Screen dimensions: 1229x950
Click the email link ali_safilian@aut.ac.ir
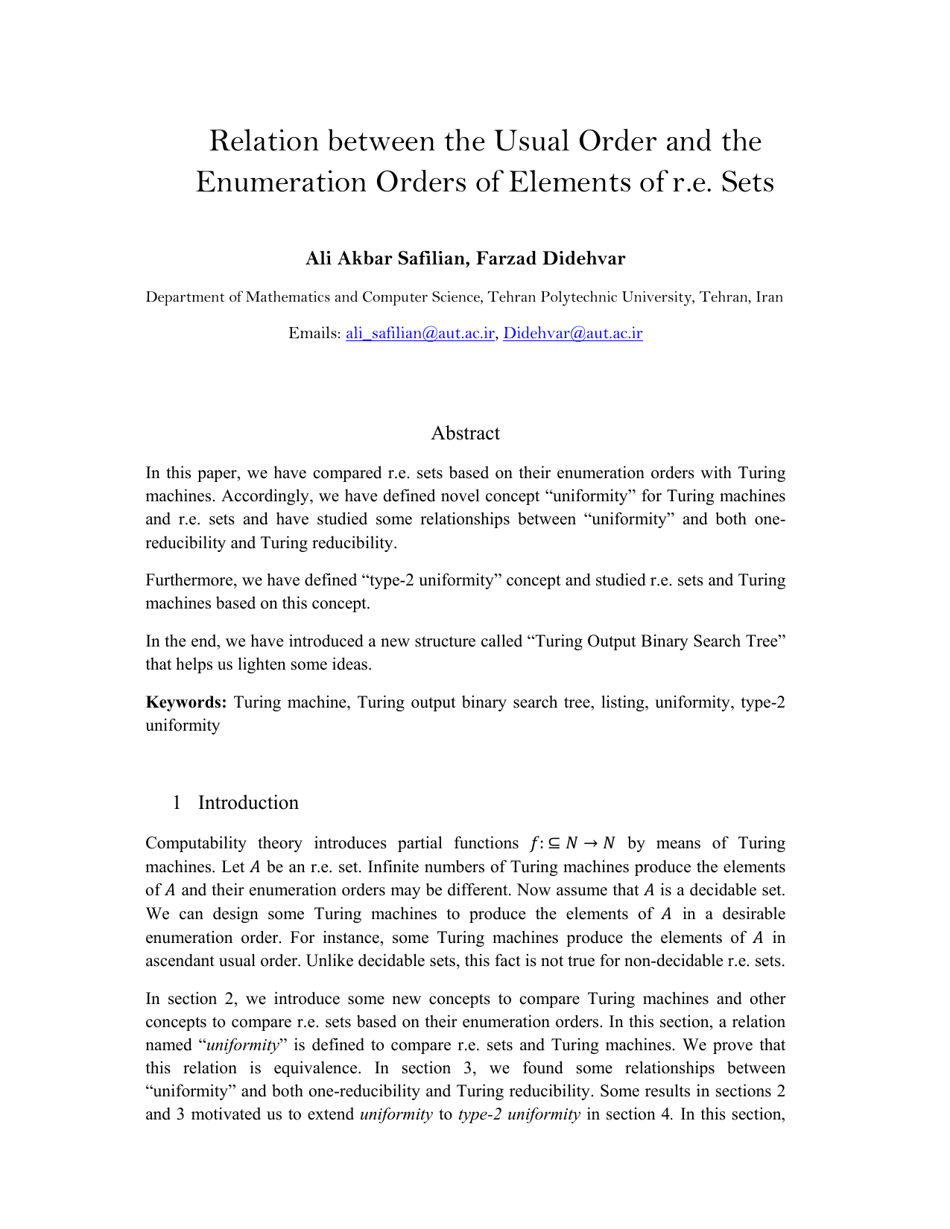pyautogui.click(x=420, y=333)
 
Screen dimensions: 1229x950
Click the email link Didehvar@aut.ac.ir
pyautogui.click(x=572, y=333)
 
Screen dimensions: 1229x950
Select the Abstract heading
pyautogui.click(x=465, y=434)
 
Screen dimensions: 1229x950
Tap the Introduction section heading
pyautogui.click(x=248, y=803)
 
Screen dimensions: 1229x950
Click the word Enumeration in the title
pyautogui.click(x=281, y=182)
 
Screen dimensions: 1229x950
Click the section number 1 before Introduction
pyautogui.click(x=177, y=803)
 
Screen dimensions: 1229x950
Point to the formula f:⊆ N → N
pyautogui.click(x=572, y=844)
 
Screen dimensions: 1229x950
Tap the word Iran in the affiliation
pyautogui.click(x=769, y=297)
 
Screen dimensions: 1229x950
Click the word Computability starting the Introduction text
pyautogui.click(x=196, y=844)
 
